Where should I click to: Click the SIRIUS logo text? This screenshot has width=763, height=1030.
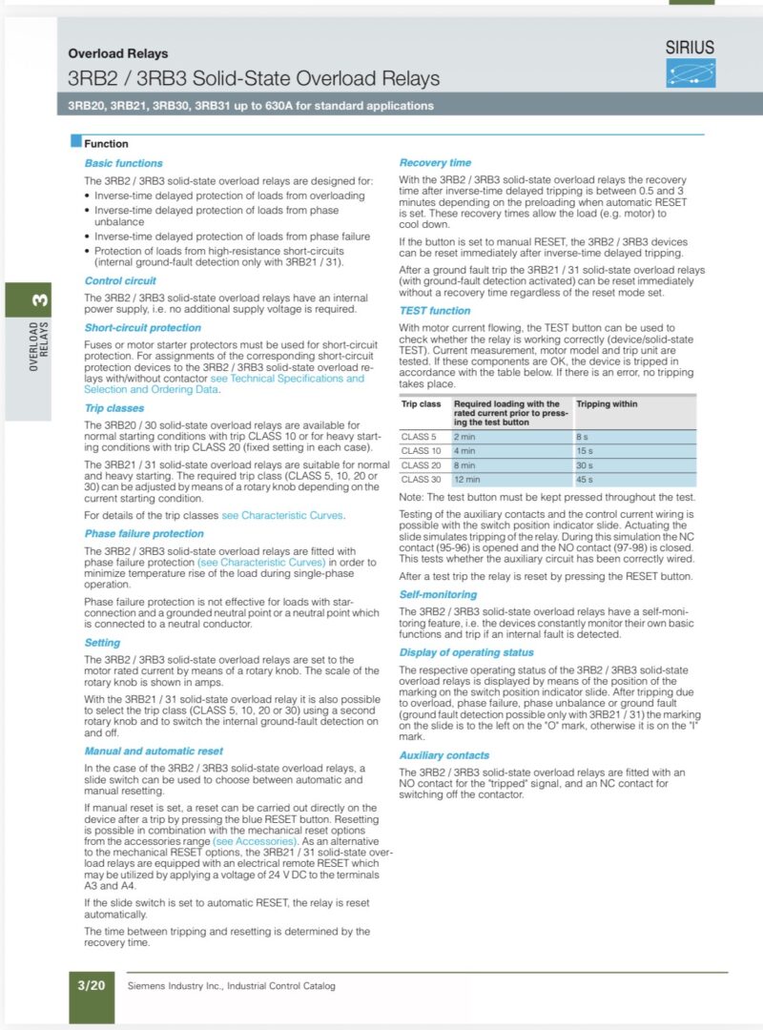pos(691,48)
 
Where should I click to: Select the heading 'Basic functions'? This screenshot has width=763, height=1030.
pos(123,163)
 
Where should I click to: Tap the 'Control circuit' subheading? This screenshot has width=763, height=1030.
pos(120,280)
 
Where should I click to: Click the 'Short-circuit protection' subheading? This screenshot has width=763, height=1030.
pos(142,327)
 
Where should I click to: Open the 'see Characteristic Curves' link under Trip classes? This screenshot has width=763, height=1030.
pos(282,515)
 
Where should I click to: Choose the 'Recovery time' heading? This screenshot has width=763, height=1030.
pos(435,162)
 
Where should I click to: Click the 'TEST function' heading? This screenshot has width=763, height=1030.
pos(434,310)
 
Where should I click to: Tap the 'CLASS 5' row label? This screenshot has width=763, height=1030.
pos(420,436)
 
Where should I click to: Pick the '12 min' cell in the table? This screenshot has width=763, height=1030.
pos(466,479)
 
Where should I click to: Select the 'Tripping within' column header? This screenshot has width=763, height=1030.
pos(608,403)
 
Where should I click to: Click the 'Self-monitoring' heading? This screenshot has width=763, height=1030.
pos(438,592)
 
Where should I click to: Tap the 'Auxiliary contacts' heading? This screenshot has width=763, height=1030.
pos(443,754)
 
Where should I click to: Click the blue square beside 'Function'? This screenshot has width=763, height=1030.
pos(76,142)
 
